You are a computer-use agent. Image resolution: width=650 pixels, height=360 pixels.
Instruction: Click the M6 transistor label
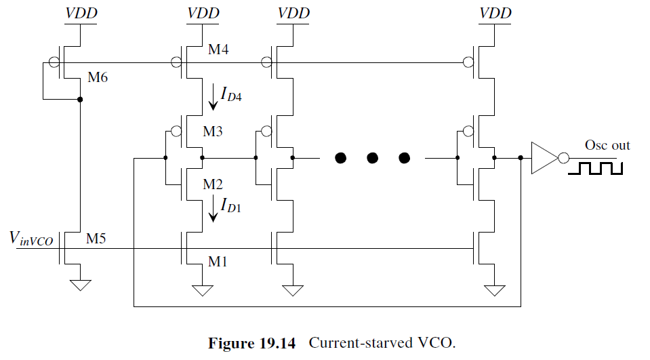tap(98, 77)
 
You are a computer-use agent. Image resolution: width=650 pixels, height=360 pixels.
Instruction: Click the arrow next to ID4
tap(214, 96)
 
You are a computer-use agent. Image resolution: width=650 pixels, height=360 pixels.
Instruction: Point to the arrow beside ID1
tap(214, 207)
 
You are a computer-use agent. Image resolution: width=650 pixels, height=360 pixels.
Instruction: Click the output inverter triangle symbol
tap(544, 158)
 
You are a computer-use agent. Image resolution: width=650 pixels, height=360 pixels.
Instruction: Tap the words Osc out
tap(607, 145)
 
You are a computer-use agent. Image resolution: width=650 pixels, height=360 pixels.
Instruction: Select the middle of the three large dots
tap(372, 159)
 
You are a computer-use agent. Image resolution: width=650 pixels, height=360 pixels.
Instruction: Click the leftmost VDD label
tap(81, 13)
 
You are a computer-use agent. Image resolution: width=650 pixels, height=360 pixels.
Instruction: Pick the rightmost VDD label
tap(495, 13)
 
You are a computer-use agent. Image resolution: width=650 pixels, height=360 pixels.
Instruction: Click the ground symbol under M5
tap(81, 285)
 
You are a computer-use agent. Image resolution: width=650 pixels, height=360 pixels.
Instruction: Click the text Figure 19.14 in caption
tap(253, 343)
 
